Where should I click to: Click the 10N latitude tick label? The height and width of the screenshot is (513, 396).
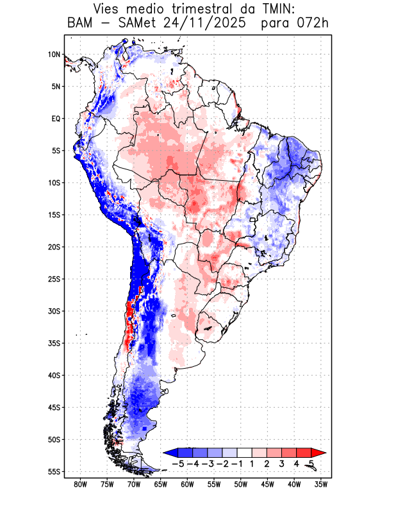tap(54, 55)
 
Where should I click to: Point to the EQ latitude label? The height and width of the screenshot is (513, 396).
tap(55, 119)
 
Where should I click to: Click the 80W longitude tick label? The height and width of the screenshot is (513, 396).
tap(81, 484)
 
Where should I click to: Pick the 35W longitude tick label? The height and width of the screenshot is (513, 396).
tap(321, 484)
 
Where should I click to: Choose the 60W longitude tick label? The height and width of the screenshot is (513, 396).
tap(187, 484)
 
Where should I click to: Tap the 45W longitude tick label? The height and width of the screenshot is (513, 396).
tap(267, 484)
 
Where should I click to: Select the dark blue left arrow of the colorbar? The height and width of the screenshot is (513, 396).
tap(170, 452)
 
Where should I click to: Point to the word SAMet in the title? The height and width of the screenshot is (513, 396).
tap(133, 24)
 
